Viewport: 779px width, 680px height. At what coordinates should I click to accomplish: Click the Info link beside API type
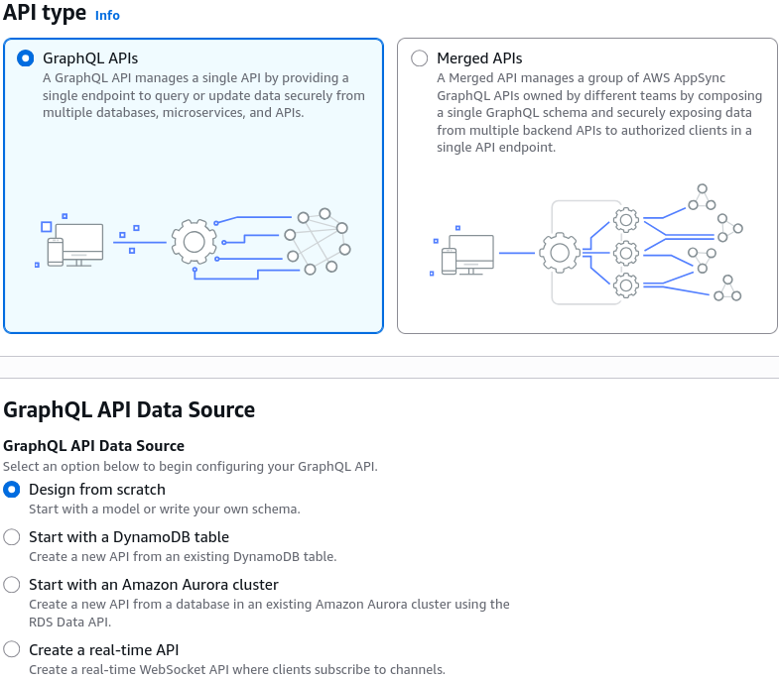coord(107,16)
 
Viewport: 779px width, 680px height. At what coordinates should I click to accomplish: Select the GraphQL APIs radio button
coord(26,58)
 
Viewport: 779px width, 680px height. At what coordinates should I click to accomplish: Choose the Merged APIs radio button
coord(420,58)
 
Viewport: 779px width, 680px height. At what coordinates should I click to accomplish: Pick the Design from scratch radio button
coord(12,490)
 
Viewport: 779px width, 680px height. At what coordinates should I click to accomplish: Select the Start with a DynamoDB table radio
coord(12,537)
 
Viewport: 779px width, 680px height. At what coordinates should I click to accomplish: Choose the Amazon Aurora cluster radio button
coord(12,585)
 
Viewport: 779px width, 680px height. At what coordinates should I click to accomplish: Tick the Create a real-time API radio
coord(12,649)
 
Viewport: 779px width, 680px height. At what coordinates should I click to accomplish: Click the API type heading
coord(45,13)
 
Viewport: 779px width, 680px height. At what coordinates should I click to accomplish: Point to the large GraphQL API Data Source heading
coord(129,410)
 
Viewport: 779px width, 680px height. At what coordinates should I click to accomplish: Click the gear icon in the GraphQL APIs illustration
coord(194,242)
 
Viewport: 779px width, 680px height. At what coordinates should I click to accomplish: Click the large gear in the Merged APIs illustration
coord(560,253)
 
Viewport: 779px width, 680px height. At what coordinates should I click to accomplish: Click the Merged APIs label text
coord(479,58)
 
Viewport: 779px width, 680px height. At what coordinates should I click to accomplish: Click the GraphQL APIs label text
coord(90,58)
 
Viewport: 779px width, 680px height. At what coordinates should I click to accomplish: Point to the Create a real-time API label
coord(104,649)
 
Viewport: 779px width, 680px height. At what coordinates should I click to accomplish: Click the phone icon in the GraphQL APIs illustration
coord(56,252)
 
